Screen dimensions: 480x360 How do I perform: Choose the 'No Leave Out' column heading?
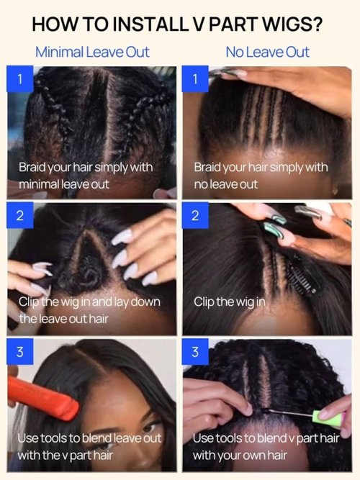click(x=267, y=51)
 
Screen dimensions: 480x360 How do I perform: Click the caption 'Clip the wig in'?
click(x=230, y=302)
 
